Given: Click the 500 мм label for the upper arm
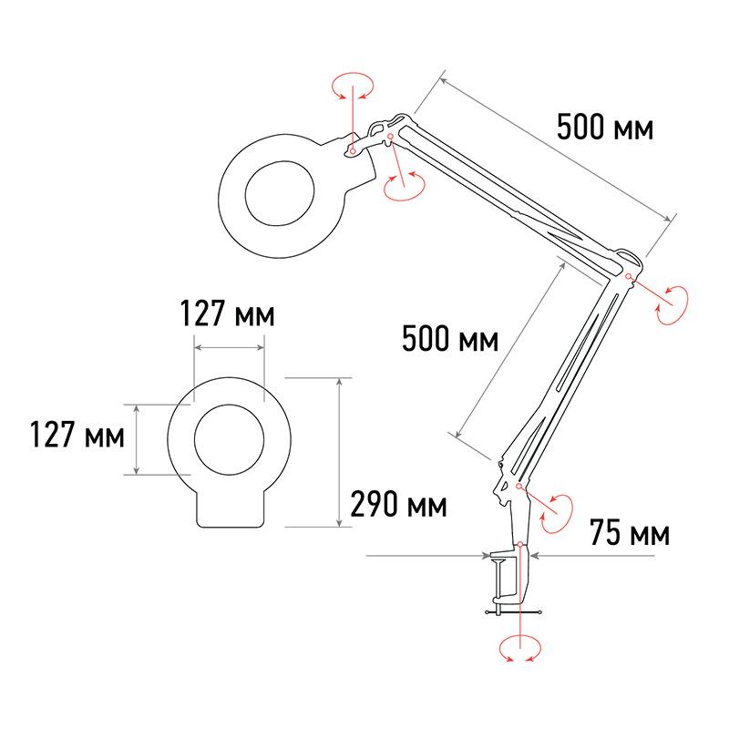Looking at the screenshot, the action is (x=605, y=127).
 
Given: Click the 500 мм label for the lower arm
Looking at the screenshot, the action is (x=450, y=338).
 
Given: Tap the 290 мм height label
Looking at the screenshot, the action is (x=398, y=505).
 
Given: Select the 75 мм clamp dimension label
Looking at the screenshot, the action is (x=630, y=532).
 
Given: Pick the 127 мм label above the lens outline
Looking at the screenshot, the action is (x=227, y=313).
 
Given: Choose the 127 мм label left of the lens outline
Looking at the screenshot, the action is (x=77, y=435).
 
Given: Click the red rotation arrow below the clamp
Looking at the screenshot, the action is (x=520, y=649).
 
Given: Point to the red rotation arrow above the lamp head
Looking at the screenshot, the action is (x=353, y=86).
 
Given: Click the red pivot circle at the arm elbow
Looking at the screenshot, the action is (x=628, y=277).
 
